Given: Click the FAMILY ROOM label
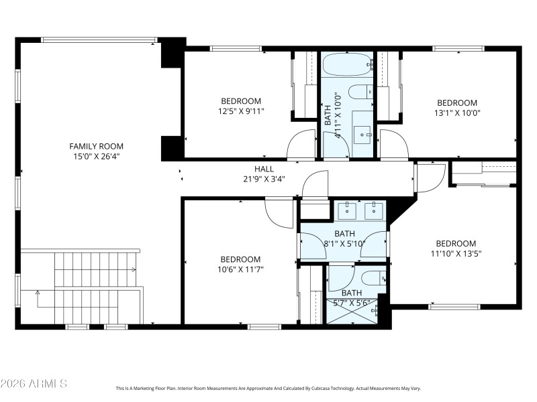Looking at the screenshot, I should coord(97,146).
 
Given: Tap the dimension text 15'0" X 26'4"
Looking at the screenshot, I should coord(97,156).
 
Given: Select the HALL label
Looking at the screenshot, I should coord(263,169).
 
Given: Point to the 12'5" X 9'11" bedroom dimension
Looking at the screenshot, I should coord(241,111).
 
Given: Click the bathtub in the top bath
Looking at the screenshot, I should coord(346,66).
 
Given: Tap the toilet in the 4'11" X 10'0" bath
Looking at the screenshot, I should coord(358,92).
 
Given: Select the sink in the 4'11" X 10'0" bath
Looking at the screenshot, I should coord(364,134).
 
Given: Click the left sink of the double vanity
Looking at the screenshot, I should coord(347,211).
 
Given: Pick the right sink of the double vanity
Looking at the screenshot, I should coord(373,211).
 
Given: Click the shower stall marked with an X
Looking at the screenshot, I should coord(352,311).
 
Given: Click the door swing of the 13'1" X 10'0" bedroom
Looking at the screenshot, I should coord(393,143).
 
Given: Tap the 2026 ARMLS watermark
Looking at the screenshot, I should coord(34,384).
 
